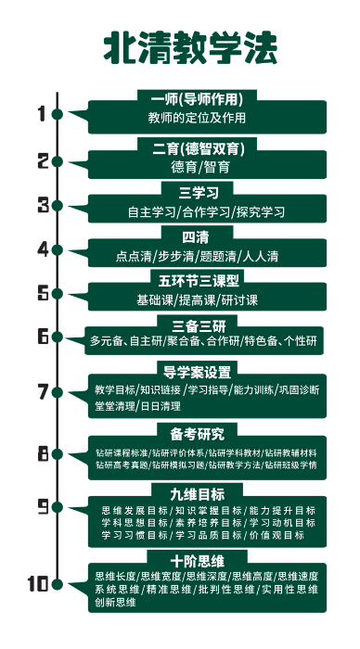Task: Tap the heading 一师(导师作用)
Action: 196,99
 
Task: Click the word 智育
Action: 218,168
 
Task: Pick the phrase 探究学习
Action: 261,212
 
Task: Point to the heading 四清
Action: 195,236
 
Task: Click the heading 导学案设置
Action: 197,372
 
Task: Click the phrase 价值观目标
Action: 276,536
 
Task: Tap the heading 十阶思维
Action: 197,561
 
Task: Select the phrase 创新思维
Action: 114,603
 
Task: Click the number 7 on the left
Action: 42,390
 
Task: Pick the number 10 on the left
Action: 38,584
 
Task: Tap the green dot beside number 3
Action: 58,205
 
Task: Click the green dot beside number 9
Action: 58,506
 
